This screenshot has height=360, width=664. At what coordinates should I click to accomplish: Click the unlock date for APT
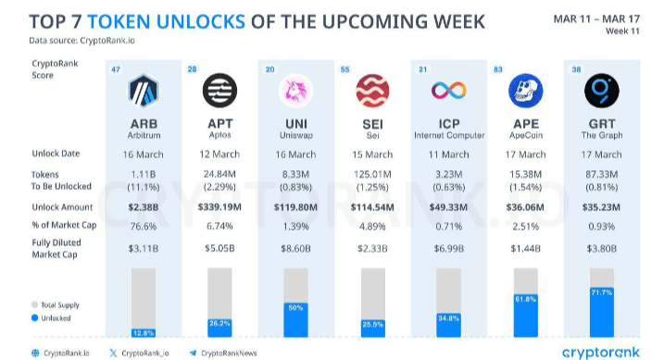coord(219,154)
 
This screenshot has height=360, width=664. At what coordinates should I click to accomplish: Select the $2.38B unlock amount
coord(143,208)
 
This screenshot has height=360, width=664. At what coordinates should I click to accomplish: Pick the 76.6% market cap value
coord(143,226)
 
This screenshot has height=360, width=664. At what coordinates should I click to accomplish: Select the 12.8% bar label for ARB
coord(143,331)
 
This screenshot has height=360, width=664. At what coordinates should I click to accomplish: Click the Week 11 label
coord(636,31)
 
